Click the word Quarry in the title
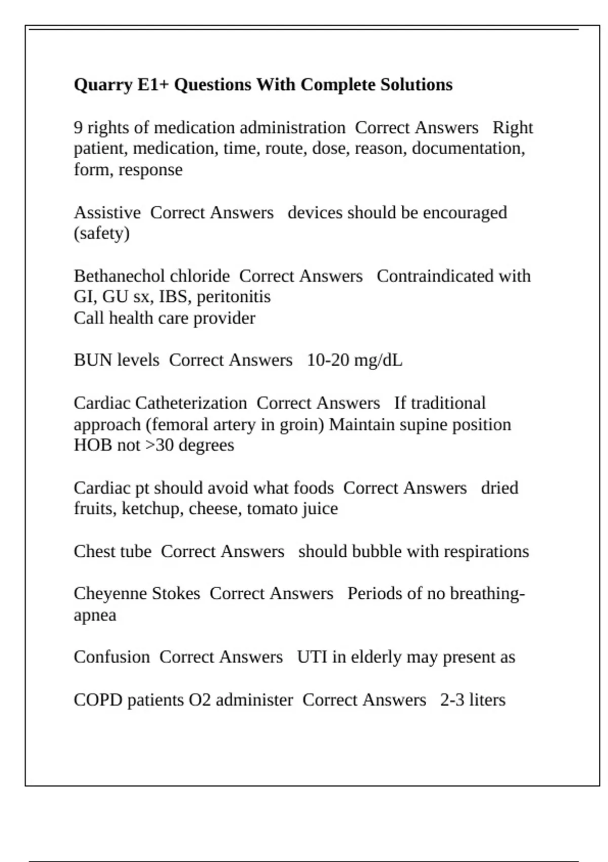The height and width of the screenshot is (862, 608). [x=103, y=85]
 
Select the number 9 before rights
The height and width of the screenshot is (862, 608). [x=78, y=128]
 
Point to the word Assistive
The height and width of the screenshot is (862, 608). [x=107, y=212]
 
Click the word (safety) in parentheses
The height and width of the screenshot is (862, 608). [x=101, y=234]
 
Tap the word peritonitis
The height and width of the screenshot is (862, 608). [x=234, y=297]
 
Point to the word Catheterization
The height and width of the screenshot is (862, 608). [x=191, y=403]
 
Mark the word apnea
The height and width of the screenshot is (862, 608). [x=95, y=616]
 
